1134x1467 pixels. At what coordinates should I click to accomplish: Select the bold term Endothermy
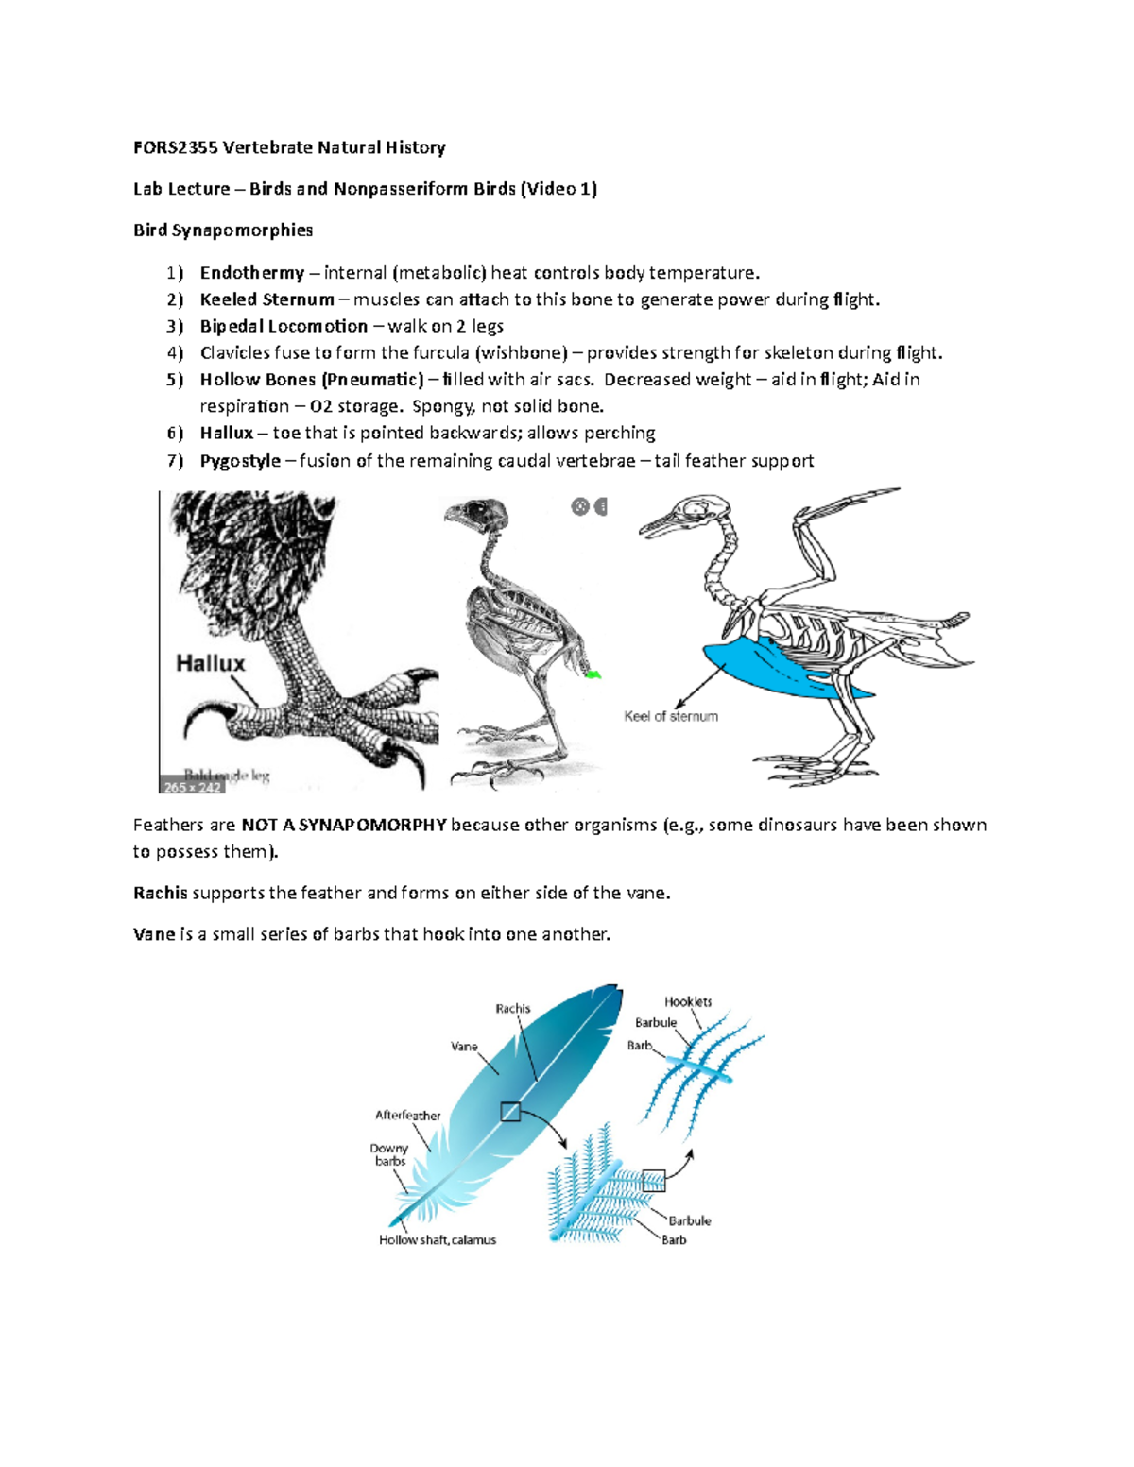(251, 273)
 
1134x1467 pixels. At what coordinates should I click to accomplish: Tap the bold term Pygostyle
(240, 461)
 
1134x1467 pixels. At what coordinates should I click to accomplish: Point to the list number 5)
(175, 380)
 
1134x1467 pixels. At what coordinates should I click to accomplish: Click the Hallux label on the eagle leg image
(210, 664)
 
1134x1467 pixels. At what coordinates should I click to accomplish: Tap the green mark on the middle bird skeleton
(593, 674)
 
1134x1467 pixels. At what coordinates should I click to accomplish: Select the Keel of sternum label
(671, 717)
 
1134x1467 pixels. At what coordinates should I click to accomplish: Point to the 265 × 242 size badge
(192, 787)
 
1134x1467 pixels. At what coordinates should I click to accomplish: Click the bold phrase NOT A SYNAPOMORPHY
(344, 825)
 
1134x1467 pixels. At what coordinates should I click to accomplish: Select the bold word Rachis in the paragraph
(161, 893)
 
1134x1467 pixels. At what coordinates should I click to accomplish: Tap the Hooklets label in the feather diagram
(688, 1001)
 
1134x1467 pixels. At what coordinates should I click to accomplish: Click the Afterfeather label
(407, 1116)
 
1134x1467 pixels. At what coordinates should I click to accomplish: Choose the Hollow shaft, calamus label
(438, 1240)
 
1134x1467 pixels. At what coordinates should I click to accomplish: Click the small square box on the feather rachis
(510, 1112)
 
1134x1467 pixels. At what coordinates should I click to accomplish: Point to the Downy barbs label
(389, 1154)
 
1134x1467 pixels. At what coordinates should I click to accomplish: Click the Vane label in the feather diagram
(464, 1047)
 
